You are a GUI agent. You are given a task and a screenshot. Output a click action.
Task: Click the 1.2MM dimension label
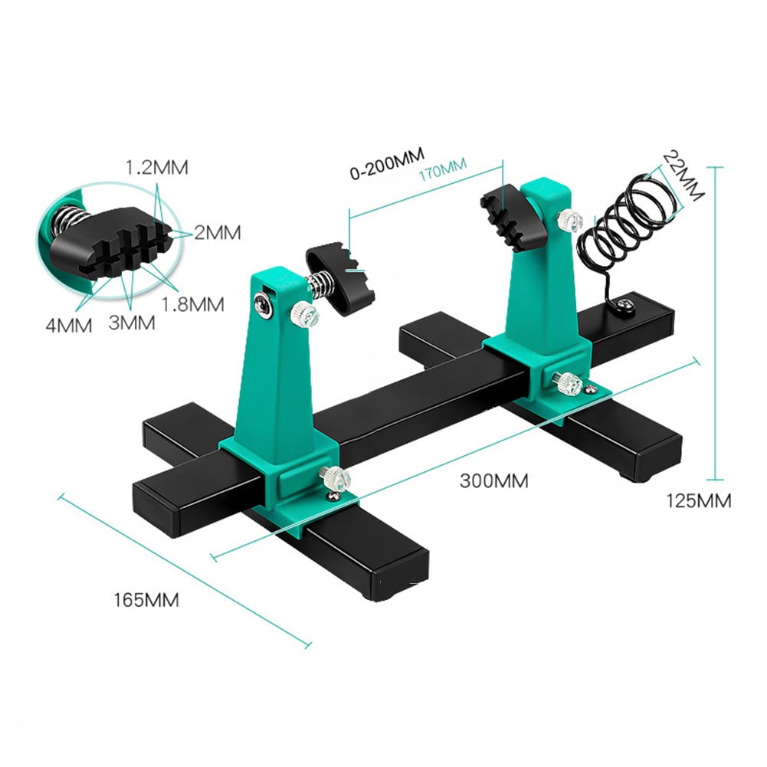pyautogui.click(x=157, y=167)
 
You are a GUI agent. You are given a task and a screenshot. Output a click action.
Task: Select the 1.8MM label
pyautogui.click(x=192, y=304)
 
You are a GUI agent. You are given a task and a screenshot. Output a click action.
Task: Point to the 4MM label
pyautogui.click(x=68, y=326)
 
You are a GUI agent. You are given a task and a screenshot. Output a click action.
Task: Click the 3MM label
pyautogui.click(x=132, y=323)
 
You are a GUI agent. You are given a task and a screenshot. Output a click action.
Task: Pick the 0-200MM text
pyautogui.click(x=386, y=167)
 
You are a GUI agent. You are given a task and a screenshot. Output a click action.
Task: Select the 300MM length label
pyautogui.click(x=494, y=481)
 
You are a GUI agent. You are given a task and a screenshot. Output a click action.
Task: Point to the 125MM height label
pyautogui.click(x=698, y=501)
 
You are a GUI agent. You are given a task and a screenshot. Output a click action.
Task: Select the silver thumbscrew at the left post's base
pyautogui.click(x=335, y=480)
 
